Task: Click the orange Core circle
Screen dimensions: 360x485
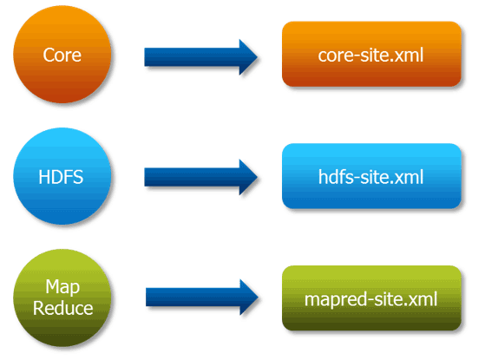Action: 62,55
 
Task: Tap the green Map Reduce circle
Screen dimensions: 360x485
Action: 62,298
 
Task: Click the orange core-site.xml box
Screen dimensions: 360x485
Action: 371,55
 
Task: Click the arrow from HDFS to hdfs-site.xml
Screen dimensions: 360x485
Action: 200,178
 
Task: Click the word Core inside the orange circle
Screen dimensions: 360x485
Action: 62,56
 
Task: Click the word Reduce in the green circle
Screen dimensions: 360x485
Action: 62,308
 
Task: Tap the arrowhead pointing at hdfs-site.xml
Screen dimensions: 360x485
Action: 246,178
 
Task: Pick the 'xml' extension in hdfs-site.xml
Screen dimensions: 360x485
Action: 410,178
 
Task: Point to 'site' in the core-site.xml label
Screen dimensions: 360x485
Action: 370,56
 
